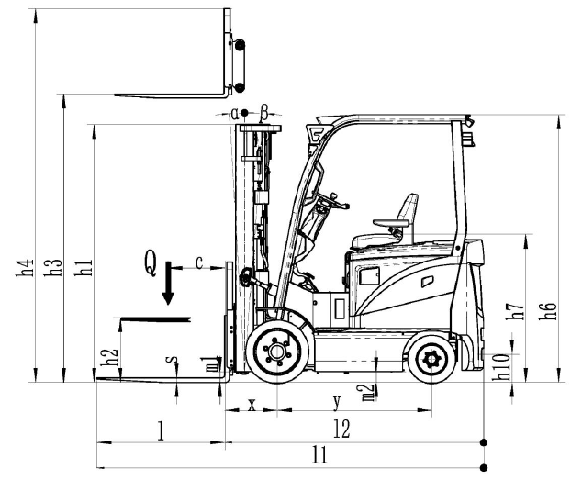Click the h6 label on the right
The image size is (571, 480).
pos(551,309)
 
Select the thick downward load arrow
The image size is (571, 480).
pos(167,288)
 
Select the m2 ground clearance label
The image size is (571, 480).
pos(368,393)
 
